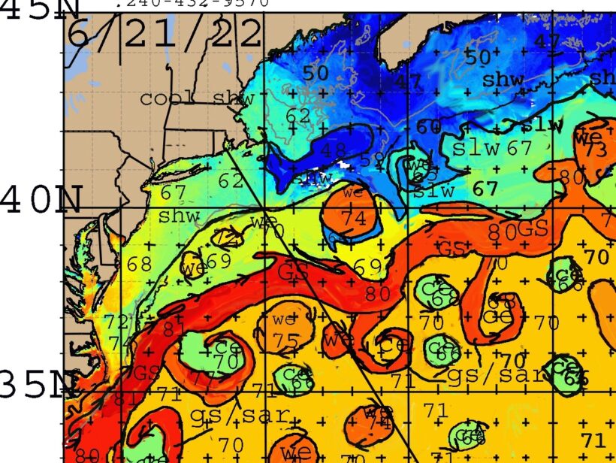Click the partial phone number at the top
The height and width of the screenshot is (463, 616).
click(192, 3)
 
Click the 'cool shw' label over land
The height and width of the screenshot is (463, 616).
click(197, 98)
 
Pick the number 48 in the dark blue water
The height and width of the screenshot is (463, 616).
click(334, 150)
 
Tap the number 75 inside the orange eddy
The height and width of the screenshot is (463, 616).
click(286, 340)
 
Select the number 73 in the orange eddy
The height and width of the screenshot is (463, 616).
click(596, 150)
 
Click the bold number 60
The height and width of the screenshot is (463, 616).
click(429, 127)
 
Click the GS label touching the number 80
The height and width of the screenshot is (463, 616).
click(533, 228)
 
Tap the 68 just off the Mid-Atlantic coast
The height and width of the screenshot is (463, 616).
click(139, 265)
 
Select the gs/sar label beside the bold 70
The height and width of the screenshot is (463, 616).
click(482, 375)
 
